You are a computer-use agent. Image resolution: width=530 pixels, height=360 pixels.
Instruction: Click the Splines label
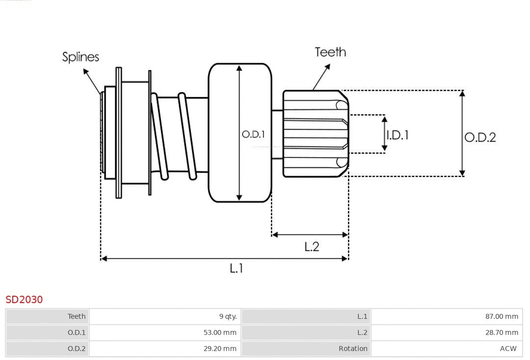click(x=80, y=57)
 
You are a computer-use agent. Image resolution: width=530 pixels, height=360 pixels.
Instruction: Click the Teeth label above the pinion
click(x=330, y=52)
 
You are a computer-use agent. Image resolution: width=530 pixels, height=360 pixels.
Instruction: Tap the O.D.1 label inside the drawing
click(x=253, y=134)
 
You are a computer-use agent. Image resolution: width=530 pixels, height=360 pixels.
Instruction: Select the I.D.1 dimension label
click(x=397, y=135)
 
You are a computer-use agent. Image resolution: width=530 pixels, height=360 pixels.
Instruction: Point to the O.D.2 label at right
click(x=480, y=137)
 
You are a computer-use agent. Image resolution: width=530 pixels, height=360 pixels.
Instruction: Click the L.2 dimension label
click(x=312, y=247)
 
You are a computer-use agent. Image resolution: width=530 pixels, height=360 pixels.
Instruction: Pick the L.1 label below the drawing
click(x=237, y=268)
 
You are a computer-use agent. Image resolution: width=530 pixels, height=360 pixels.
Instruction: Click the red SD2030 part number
click(x=24, y=299)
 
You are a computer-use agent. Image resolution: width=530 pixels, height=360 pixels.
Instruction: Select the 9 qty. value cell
click(x=228, y=316)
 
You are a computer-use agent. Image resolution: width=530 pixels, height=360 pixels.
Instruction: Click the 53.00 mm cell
click(x=220, y=333)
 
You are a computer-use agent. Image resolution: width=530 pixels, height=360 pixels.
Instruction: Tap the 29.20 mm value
click(x=220, y=349)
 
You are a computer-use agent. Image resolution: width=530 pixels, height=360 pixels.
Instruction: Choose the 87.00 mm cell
click(x=502, y=316)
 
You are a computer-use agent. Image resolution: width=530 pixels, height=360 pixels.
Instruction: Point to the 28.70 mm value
click(x=502, y=333)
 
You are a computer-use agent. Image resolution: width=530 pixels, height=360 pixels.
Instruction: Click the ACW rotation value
click(x=508, y=349)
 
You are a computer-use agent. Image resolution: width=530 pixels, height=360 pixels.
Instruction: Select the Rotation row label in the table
click(x=353, y=349)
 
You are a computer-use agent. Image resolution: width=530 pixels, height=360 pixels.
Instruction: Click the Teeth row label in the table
click(x=77, y=316)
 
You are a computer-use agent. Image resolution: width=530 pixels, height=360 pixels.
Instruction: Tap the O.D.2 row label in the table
click(x=77, y=349)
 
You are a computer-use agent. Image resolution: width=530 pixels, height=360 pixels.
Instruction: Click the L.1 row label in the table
click(x=362, y=316)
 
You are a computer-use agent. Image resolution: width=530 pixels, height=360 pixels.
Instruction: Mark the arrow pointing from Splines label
click(x=93, y=81)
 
